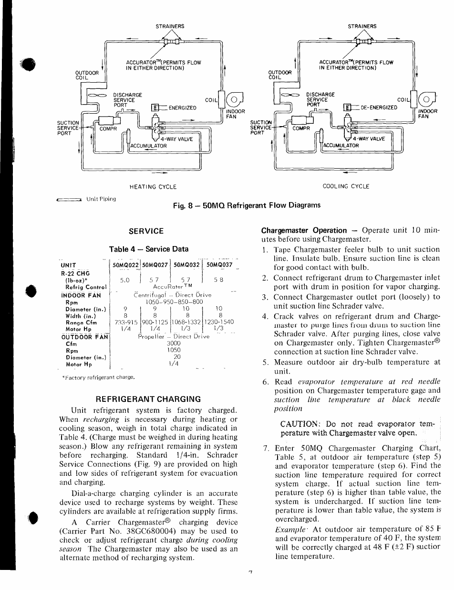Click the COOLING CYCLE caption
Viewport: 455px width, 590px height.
[x=346, y=186]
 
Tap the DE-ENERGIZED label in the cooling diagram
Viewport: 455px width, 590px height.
[x=379, y=107]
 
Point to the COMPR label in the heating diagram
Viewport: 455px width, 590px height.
[x=108, y=129]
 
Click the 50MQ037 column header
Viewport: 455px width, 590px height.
[x=219, y=265]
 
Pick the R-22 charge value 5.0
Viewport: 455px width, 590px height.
[x=125, y=280]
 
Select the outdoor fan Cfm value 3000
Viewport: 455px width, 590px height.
[x=174, y=343]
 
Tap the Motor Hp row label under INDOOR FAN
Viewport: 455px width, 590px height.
[x=78, y=329]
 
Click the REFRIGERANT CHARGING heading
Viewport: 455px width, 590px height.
[x=148, y=399]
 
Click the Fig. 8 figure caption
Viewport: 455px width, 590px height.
[x=247, y=205]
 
